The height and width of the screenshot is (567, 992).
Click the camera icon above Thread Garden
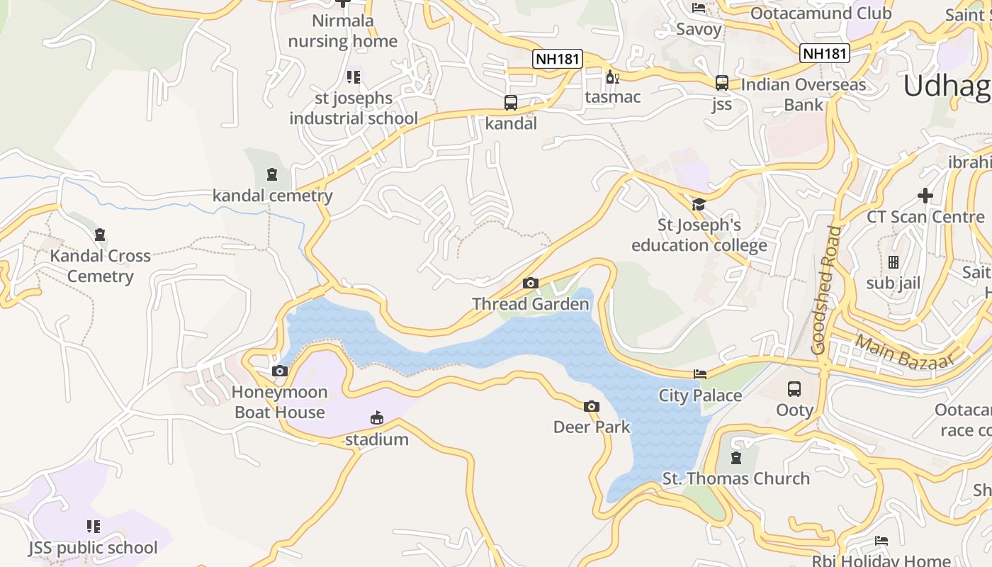(x=530, y=283)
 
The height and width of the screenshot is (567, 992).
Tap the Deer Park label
(x=592, y=427)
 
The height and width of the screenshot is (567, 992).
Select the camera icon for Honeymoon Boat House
(x=280, y=371)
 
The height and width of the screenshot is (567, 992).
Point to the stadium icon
(x=377, y=418)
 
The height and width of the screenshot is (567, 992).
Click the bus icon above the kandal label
(x=511, y=103)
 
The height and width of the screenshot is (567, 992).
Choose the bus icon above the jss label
(x=721, y=83)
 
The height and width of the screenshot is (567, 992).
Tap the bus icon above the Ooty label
(x=794, y=389)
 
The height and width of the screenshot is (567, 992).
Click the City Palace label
(x=700, y=395)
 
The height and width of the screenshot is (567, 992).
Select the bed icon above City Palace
(x=700, y=374)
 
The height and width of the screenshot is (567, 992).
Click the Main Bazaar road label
(x=903, y=353)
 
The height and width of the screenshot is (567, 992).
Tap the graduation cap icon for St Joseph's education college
(x=699, y=205)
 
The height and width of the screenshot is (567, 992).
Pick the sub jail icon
(x=893, y=262)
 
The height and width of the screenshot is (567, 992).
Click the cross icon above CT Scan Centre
(x=925, y=195)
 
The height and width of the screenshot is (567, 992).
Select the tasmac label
(x=613, y=97)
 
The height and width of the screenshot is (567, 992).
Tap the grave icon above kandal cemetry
(x=272, y=174)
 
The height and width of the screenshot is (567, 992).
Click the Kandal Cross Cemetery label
(x=100, y=266)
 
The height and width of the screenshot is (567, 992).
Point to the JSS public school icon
(x=94, y=527)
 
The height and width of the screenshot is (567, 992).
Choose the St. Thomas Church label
(x=735, y=478)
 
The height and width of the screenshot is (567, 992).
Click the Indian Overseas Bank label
(x=803, y=94)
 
